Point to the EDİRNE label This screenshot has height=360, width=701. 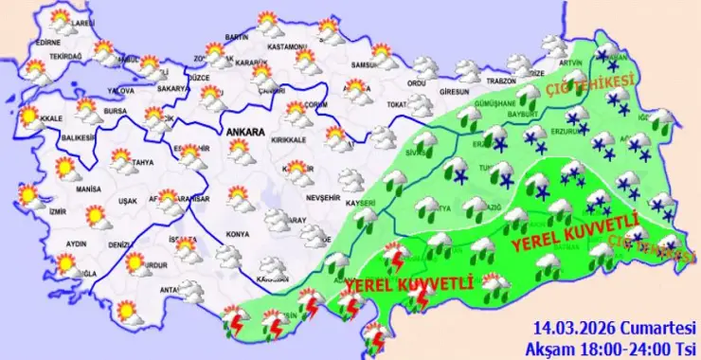47,42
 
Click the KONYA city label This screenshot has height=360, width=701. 239,233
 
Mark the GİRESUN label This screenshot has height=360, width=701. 455,92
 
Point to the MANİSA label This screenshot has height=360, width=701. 89,190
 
